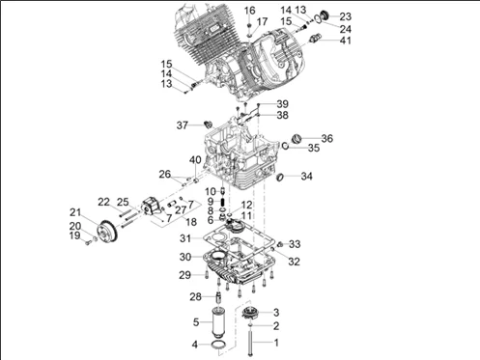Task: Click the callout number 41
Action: coord(345,41)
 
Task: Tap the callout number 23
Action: coord(345,16)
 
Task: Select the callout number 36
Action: coord(326,139)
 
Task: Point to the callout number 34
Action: coord(306,177)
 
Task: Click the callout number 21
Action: coord(75,212)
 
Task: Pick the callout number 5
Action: coord(196,322)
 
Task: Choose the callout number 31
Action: coord(185,238)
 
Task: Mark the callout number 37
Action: coord(183,125)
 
